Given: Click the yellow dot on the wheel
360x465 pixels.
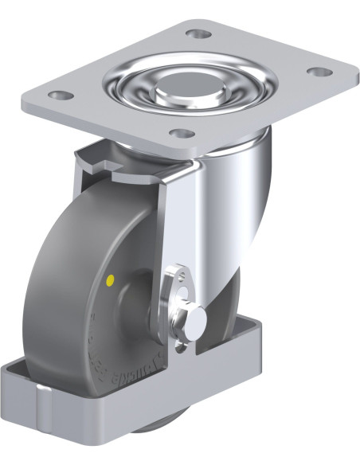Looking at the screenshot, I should point(110,279).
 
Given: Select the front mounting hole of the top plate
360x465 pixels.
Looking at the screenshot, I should point(182,134).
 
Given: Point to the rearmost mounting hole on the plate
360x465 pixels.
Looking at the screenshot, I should point(196,34).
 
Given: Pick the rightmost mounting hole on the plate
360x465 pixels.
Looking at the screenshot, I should point(319,72).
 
